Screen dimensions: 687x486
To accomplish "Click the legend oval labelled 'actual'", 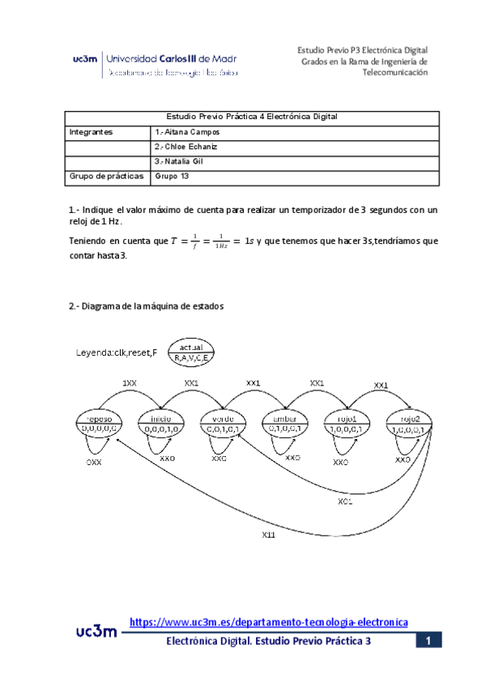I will [x=191, y=352].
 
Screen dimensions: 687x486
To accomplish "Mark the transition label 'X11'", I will [x=269, y=535].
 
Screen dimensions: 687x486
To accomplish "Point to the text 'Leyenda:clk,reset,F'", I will [x=116, y=352].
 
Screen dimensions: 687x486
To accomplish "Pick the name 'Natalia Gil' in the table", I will [x=180, y=161].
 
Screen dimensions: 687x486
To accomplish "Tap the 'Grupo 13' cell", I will [x=171, y=176].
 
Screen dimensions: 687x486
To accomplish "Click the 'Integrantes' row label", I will [x=92, y=132].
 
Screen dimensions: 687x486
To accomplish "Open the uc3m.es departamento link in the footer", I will [x=268, y=621].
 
